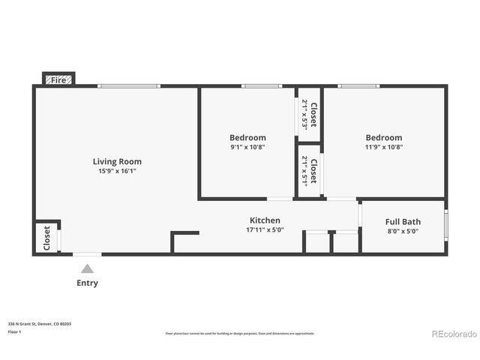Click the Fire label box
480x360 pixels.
point(58,79)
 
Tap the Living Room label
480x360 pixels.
point(117,161)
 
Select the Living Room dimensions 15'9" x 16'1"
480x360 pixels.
point(117,171)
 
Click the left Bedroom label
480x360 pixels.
point(247,137)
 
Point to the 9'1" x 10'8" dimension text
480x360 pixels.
point(247,147)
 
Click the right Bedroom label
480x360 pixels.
point(383,137)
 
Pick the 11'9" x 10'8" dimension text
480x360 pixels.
point(383,147)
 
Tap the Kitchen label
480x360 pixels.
point(265,220)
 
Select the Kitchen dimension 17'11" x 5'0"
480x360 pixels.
point(265,230)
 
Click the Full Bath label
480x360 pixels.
point(403,222)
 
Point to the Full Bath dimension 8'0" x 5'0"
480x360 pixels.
point(403,232)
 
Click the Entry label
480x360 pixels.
point(87,283)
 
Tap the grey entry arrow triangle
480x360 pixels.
point(87,268)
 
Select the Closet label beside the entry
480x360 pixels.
point(46,238)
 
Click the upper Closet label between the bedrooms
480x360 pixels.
point(313,115)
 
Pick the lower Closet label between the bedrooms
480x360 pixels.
point(313,171)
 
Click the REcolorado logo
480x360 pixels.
point(451,333)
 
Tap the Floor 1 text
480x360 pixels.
point(14,331)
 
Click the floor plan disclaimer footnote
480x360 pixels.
point(239,333)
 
